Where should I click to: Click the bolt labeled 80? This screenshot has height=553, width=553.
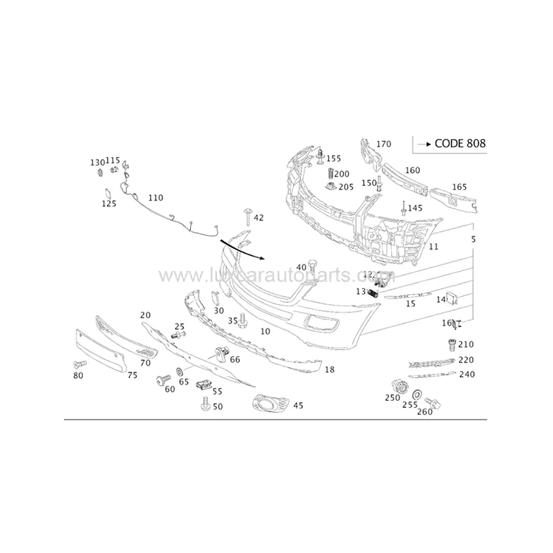tap(77, 364)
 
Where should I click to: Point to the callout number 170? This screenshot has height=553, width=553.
tap(384, 144)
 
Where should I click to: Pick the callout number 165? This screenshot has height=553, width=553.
tap(460, 187)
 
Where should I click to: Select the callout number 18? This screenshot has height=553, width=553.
tap(330, 370)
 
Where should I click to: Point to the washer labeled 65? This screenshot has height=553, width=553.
tap(179, 371)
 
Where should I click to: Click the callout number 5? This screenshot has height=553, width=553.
tap(474, 239)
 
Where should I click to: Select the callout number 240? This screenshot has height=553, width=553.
tap(467, 375)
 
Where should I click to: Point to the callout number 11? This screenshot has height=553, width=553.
tap(433, 247)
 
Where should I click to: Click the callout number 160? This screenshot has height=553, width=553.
tap(412, 170)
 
